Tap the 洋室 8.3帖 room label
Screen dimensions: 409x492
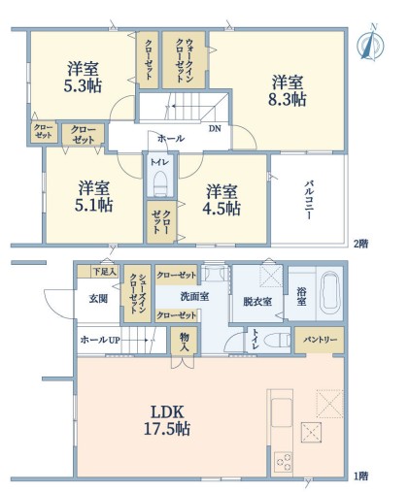[x=287, y=90]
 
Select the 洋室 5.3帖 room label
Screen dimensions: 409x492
[x=83, y=77]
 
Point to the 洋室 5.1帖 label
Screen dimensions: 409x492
[x=93, y=196]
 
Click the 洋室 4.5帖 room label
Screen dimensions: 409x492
[x=222, y=200]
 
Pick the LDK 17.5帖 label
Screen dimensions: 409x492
[x=167, y=420]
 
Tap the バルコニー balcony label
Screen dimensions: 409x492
[x=309, y=201]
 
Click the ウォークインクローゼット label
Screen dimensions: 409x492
[x=185, y=60]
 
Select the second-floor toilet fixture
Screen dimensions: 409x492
[x=159, y=184]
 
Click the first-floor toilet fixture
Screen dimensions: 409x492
[x=277, y=341]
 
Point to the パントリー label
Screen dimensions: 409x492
[x=321, y=340]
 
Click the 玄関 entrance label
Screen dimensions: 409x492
[x=98, y=299]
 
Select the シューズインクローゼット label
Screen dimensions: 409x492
[x=138, y=294]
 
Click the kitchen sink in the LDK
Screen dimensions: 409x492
[x=282, y=411]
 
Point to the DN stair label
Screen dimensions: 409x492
[x=215, y=129]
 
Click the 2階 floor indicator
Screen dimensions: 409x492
[x=360, y=244]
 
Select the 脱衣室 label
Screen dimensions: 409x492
[x=257, y=302]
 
